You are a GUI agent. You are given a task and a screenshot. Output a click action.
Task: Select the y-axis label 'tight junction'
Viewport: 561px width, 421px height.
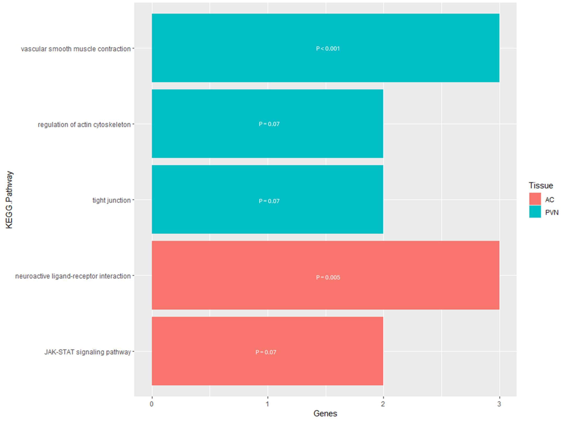point(111,200)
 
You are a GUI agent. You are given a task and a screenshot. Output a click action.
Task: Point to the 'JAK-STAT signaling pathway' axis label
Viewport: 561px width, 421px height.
point(87,352)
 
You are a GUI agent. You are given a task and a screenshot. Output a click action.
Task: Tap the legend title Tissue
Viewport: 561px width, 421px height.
point(541,185)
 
